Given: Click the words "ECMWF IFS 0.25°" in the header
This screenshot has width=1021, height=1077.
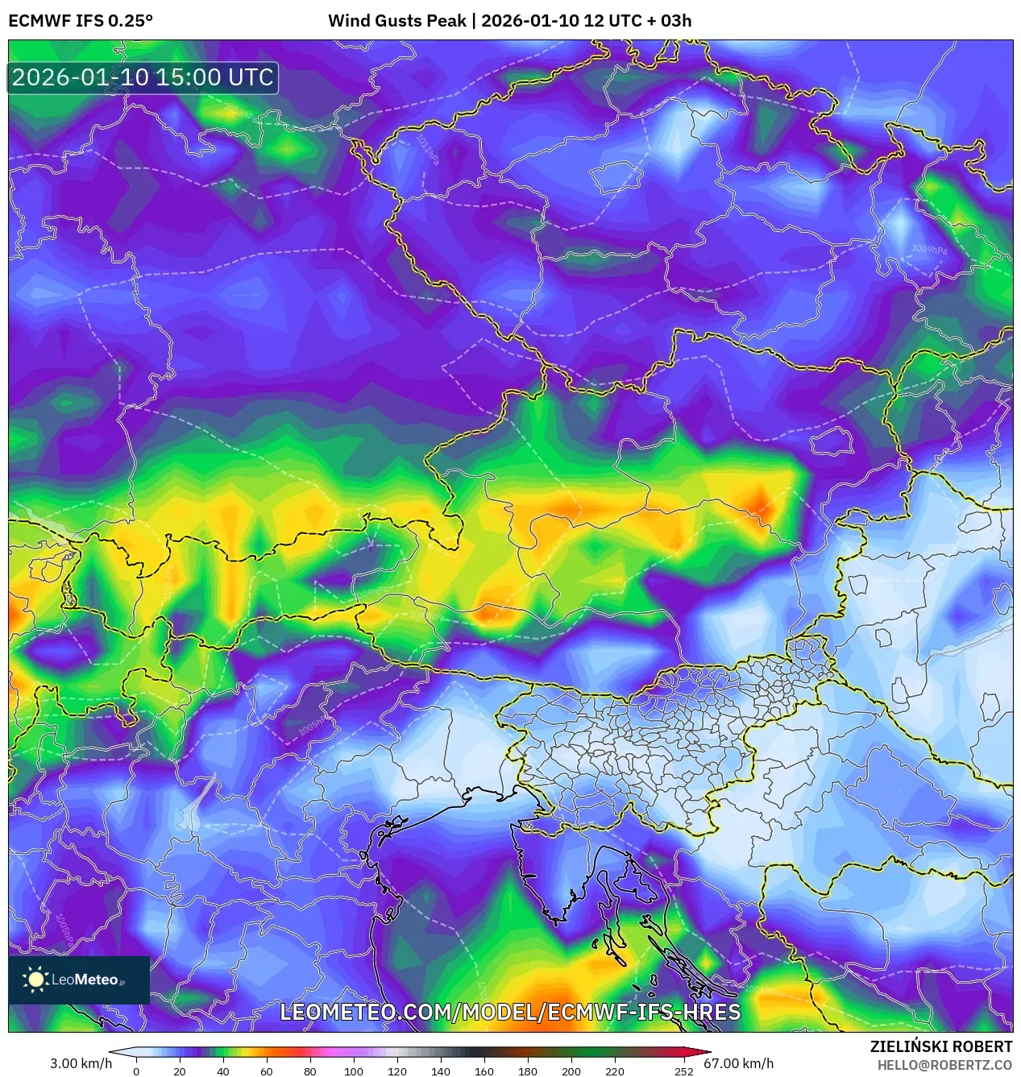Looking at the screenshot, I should (81, 21).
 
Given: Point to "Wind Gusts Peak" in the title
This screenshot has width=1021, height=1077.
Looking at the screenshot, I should (396, 21).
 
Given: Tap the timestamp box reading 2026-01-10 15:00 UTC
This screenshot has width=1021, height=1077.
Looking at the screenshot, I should (143, 77).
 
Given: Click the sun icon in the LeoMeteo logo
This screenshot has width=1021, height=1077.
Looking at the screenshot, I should (35, 979).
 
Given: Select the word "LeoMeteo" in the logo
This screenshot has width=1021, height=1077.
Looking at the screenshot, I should (85, 980).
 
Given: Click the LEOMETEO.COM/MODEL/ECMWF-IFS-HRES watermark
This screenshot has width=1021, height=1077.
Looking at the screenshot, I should (509, 1012).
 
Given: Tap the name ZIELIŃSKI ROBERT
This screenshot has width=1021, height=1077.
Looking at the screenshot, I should (940, 1046).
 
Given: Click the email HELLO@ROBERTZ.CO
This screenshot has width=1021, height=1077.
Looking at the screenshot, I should (944, 1065).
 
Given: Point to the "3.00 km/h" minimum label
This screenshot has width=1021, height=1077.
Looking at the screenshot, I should (81, 1063).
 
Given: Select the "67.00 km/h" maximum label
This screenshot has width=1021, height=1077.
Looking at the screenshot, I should (739, 1063).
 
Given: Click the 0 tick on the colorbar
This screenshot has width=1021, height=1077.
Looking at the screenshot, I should (136, 1071).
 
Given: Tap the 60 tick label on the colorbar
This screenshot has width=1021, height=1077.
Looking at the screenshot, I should (266, 1071).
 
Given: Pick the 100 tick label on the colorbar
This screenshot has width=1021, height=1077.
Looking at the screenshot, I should (353, 1071).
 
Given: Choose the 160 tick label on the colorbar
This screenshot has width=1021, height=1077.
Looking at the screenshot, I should (484, 1071).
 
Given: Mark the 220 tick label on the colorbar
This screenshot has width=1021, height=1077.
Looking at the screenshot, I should (614, 1071).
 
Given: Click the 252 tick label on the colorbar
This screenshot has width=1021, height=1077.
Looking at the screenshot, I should (683, 1071).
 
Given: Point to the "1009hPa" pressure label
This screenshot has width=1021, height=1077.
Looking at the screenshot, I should (929, 249).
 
